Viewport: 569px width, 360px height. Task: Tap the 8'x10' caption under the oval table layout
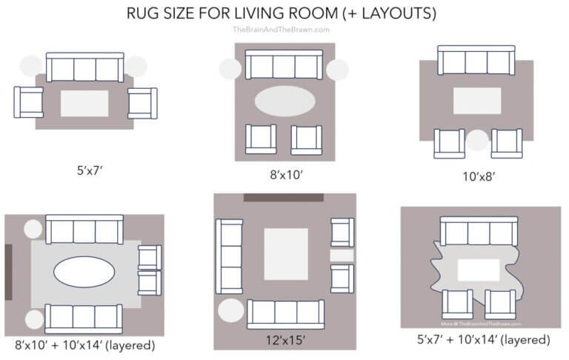pos(284,177)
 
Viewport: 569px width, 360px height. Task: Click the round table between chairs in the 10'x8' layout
pos(477,140)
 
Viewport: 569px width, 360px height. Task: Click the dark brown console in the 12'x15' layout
pos(284,198)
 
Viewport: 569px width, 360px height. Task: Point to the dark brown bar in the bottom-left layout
pos(8,271)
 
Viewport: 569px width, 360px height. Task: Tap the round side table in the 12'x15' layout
pos(230,310)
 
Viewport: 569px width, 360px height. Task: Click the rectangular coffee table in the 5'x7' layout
pos(84,103)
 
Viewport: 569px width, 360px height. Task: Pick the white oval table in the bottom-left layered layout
pos(83,271)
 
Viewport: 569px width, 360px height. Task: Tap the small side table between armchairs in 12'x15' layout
pos(341,256)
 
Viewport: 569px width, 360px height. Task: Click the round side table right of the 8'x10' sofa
pos(337,71)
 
